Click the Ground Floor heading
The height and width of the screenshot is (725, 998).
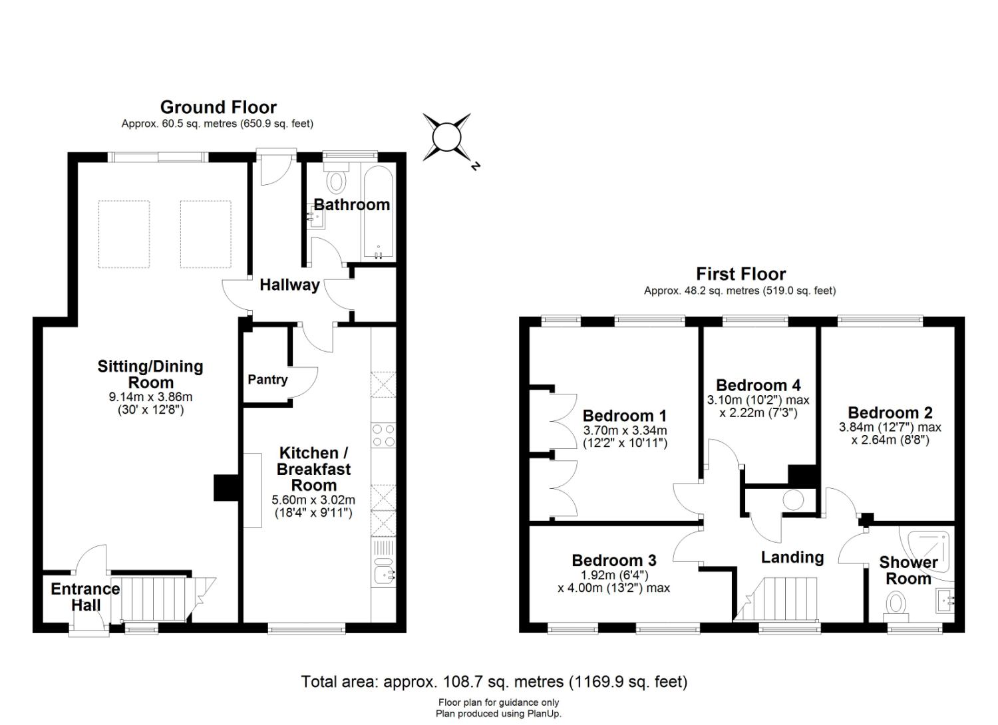218,107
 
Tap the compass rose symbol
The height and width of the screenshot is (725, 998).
446,138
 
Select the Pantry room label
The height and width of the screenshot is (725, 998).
267,380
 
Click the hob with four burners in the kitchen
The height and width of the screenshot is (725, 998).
383,435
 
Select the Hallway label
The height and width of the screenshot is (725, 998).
289,285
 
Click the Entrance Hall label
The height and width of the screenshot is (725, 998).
86,597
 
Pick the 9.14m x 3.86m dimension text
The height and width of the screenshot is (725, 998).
150,397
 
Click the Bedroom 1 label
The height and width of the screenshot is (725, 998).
625,416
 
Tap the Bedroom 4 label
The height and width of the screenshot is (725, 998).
758,385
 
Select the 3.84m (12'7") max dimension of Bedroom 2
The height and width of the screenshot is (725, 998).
890,427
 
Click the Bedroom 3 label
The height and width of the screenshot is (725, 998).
614,560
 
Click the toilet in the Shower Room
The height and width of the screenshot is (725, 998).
897,604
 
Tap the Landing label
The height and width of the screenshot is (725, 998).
792,557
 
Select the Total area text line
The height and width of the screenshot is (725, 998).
494,682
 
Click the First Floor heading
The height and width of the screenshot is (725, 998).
741,274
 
